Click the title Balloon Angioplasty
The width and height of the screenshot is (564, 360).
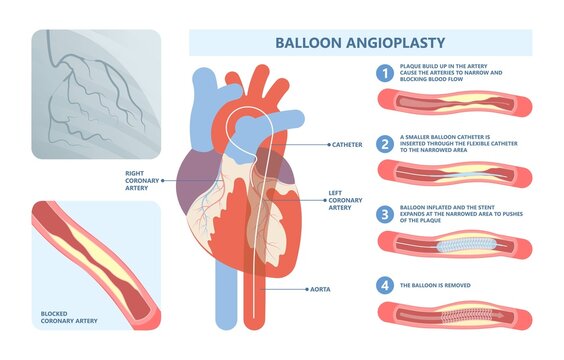[360, 43]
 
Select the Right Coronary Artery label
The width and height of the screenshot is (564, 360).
[139, 179]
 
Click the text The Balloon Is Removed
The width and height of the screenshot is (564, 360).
[441, 286]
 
